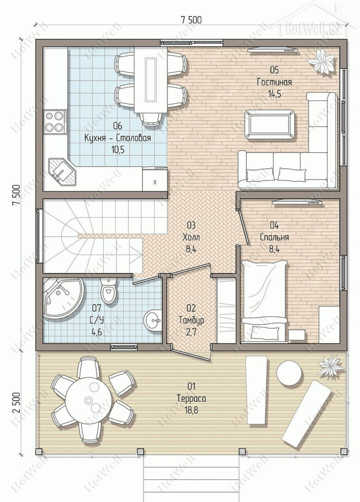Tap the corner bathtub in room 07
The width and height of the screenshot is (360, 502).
(x=62, y=298)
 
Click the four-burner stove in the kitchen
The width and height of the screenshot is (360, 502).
(x=55, y=121)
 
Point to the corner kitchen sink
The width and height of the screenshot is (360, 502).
(x=62, y=172)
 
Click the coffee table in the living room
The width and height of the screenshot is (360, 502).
(x=269, y=124)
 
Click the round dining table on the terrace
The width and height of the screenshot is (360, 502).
(x=89, y=400)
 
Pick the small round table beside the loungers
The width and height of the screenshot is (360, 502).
(x=289, y=372)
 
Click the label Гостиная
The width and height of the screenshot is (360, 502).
(x=275, y=82)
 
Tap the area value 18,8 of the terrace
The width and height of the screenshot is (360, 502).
(x=191, y=410)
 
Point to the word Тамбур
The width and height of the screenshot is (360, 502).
(x=191, y=320)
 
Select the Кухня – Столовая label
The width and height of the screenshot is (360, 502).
(x=117, y=138)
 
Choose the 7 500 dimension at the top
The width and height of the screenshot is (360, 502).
(x=191, y=20)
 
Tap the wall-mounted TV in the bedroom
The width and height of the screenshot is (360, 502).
(x=297, y=202)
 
